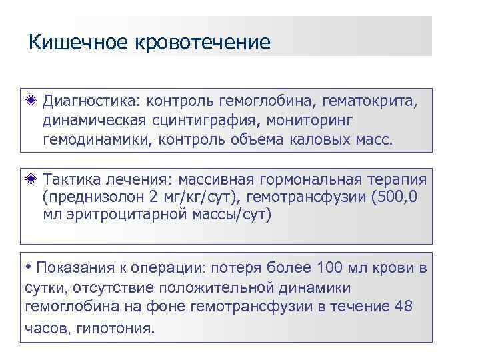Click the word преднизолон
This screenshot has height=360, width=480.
pos(97,198)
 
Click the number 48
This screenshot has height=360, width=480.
pos(403,307)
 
